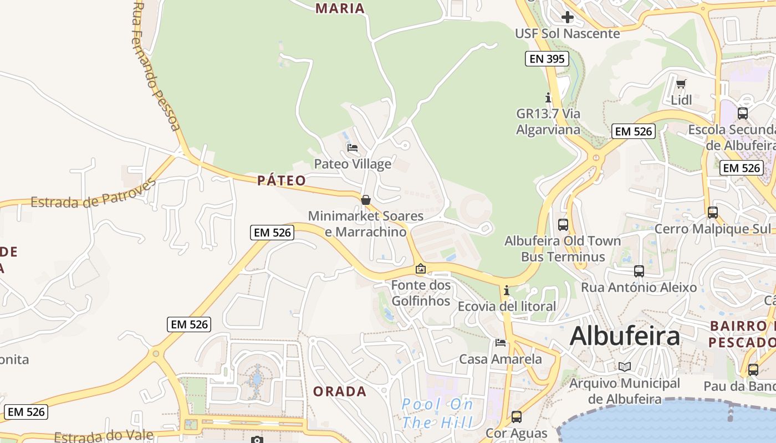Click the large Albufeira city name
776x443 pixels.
click(625, 336)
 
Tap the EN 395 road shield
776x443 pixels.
click(547, 59)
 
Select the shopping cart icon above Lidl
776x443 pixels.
click(681, 84)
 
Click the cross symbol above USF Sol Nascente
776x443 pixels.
click(567, 17)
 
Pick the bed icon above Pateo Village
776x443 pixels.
click(353, 148)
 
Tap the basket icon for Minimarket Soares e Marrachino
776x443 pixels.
click(366, 200)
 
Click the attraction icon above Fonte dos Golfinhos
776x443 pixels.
click(421, 269)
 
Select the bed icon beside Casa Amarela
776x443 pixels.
click(501, 343)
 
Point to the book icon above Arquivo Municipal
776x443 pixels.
click(625, 367)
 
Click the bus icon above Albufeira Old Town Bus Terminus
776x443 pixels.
click(563, 225)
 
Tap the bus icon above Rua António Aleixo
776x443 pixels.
click(639, 271)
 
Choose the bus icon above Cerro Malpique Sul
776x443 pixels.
click(713, 213)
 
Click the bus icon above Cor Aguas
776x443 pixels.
click(517, 417)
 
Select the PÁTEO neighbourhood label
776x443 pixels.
click(282, 181)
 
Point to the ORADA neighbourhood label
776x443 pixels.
click(340, 392)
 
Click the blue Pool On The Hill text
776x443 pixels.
click(437, 414)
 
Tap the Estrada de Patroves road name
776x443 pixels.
click(93, 194)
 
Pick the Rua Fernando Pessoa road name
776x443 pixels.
click(156, 66)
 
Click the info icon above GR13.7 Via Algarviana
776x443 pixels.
click(548, 98)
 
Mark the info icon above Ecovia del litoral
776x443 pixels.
click(506, 291)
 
